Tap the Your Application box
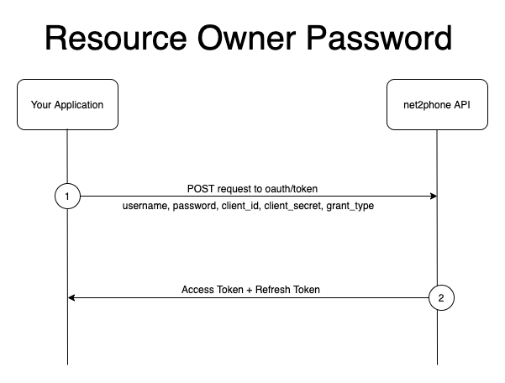[x=67, y=105]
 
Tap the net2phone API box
[x=437, y=105]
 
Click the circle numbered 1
[x=67, y=197]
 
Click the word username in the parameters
[x=147, y=206]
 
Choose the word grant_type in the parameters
[x=350, y=206]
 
